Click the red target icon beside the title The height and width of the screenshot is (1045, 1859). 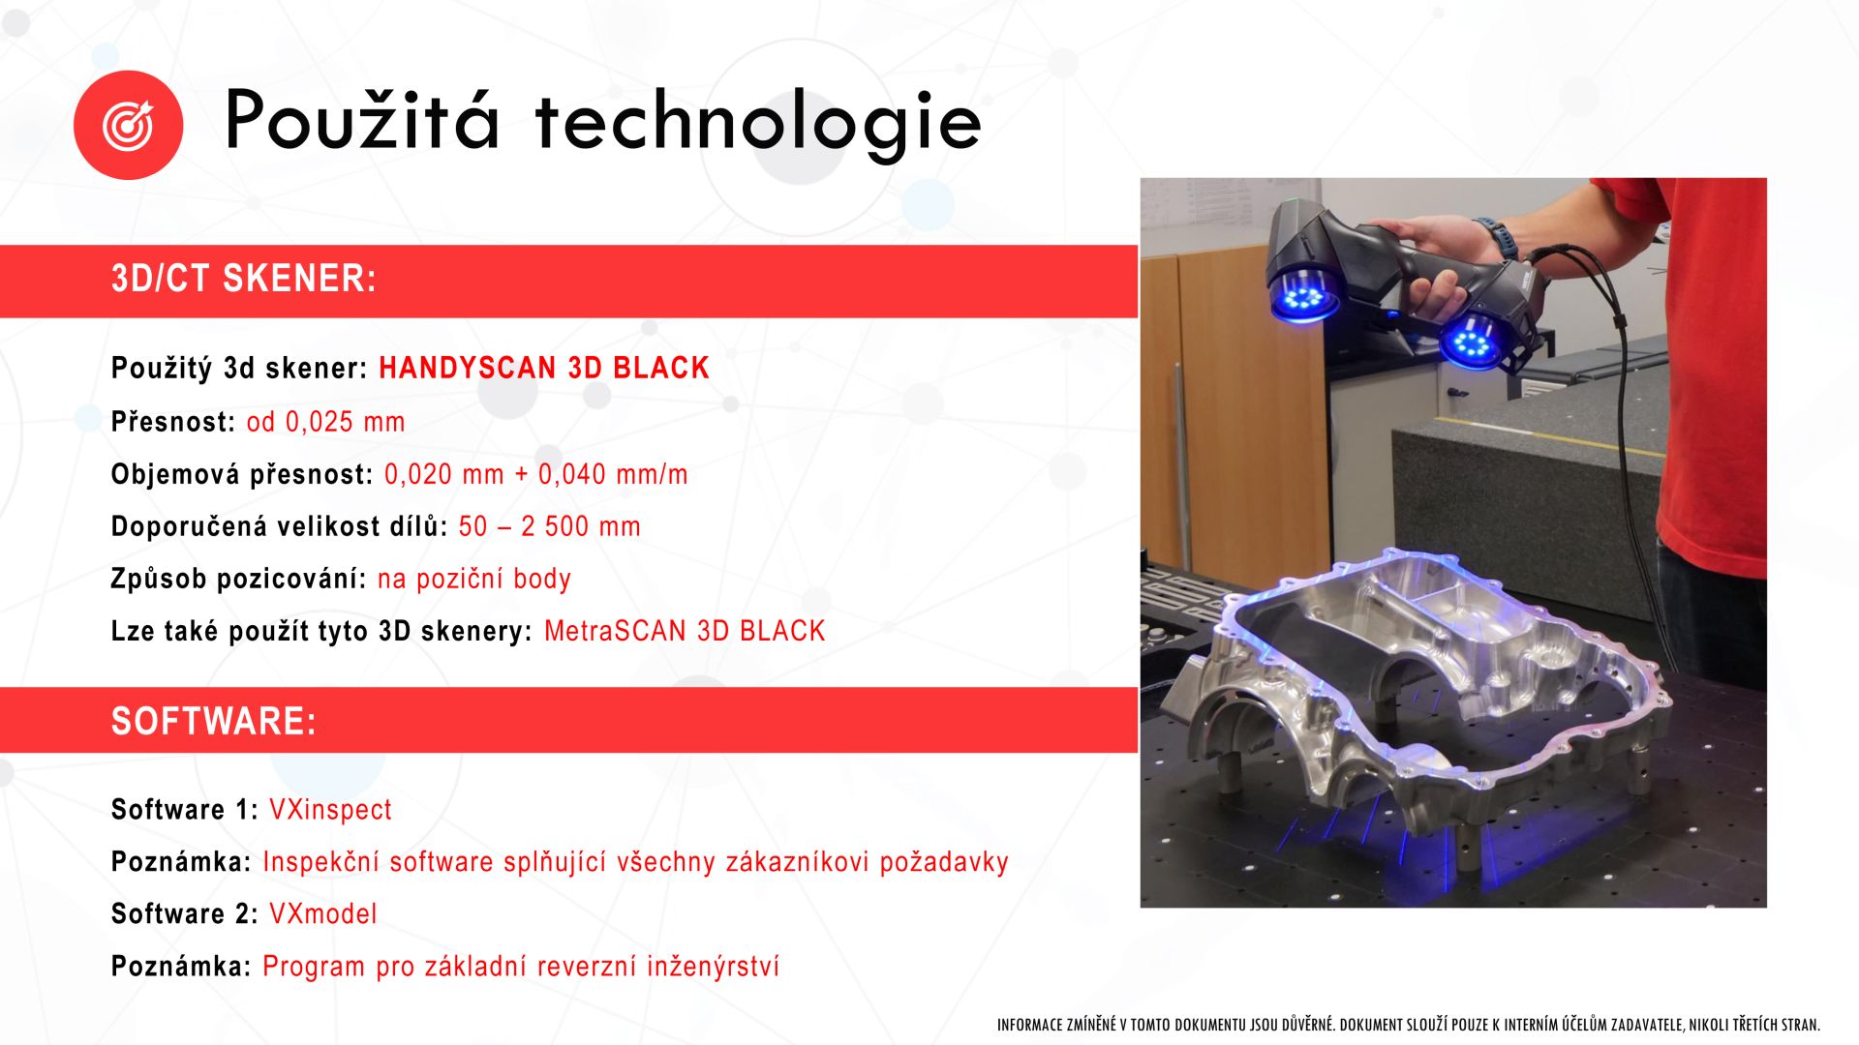point(128,125)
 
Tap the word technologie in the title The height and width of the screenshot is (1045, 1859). point(758,124)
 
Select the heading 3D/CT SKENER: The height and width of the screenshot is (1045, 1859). point(243,279)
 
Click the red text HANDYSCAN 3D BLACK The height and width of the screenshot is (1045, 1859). point(544,368)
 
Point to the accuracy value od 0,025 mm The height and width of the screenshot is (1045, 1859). point(325,422)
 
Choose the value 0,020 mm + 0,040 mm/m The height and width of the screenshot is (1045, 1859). point(536,474)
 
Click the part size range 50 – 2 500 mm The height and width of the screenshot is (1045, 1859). point(549,526)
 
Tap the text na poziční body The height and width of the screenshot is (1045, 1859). point(474,579)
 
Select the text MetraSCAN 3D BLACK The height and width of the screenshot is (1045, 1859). point(685,631)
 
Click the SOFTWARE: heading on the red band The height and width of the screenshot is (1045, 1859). point(214,722)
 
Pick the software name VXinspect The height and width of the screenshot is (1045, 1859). point(330,810)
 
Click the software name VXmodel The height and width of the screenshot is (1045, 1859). point(322,913)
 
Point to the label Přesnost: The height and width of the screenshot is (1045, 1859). point(173,422)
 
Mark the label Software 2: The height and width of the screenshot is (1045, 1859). point(184,913)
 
